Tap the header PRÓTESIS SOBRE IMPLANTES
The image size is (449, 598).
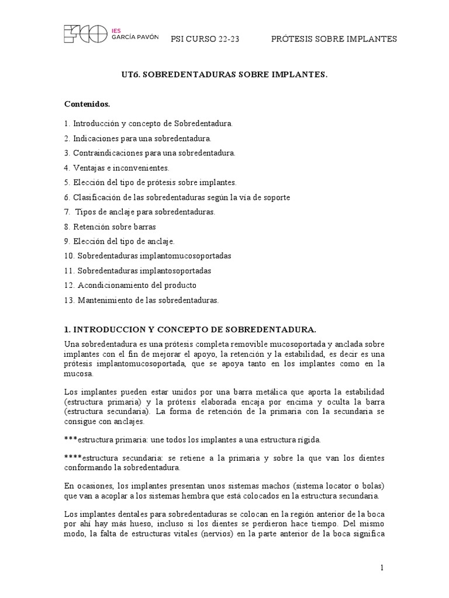pos(334,39)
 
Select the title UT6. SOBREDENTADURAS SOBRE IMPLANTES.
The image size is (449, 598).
pos(224,75)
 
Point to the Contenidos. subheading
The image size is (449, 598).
pos(87,105)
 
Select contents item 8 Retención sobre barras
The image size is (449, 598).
pos(110,227)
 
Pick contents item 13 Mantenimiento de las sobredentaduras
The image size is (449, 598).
pos(141,300)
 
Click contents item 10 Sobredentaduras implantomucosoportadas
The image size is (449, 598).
pos(147,256)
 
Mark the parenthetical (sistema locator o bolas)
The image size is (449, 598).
pos(335,486)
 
